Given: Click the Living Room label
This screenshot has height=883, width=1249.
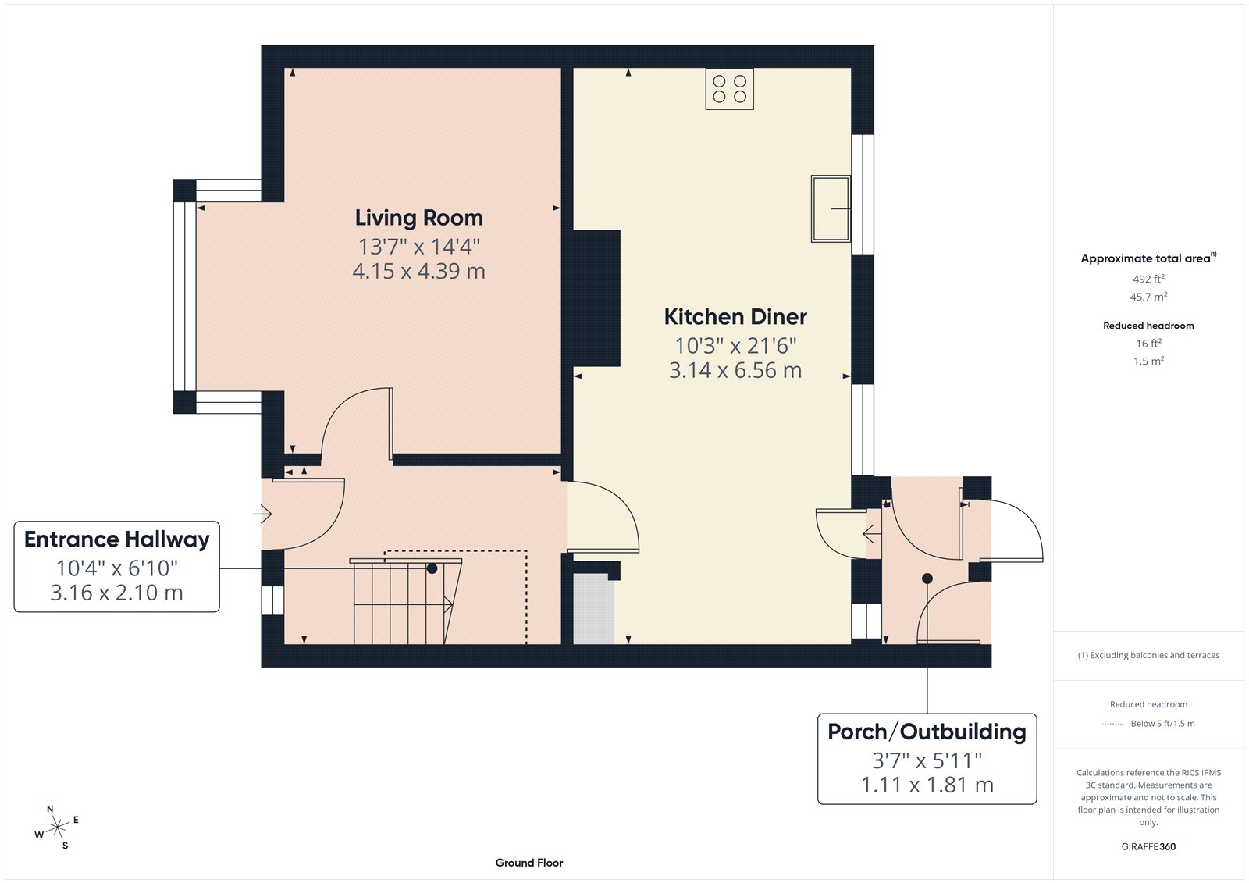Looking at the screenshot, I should [418, 218].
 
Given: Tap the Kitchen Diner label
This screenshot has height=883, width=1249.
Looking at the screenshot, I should [735, 317].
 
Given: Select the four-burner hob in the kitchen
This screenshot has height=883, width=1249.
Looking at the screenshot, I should [729, 89].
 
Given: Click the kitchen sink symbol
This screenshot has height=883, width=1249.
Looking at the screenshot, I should [831, 208].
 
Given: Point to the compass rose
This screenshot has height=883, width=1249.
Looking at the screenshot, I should [57, 828].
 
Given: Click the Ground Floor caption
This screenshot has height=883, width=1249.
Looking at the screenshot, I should [528, 863].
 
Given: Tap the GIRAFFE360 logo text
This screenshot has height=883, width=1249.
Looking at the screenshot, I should [1148, 846].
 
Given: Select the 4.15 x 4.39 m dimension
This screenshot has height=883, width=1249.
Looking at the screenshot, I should [418, 272].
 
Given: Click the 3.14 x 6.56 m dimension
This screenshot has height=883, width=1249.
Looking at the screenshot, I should [735, 370].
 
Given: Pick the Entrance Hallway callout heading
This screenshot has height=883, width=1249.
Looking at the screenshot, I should [117, 539].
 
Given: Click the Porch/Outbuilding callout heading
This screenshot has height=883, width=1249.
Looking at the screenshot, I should [927, 732].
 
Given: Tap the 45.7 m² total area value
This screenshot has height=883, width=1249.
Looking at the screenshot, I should [1148, 297].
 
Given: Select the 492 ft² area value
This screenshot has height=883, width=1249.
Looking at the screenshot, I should [1148, 279].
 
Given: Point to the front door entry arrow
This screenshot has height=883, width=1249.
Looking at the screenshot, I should [262, 514].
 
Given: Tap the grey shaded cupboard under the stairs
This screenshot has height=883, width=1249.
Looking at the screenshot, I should [593, 610].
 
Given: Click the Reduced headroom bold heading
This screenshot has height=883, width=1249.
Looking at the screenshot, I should [1148, 326].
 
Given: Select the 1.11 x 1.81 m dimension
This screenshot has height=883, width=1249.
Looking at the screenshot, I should [927, 785].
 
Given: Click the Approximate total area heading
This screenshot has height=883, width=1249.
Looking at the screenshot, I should [1145, 258].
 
